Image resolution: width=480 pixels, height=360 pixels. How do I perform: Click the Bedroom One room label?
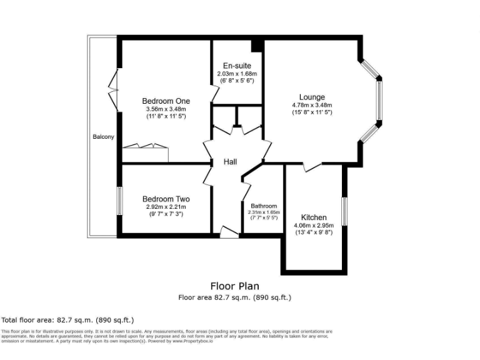(x=166, y=101)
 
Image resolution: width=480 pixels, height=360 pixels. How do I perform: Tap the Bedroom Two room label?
(x=166, y=199)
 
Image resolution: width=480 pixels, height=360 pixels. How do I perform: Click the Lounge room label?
(x=312, y=97)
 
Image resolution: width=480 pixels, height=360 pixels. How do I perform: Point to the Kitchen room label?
(x=314, y=217)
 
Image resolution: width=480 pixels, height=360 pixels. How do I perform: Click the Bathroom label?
(x=264, y=206)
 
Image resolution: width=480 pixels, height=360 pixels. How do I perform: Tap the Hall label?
(x=231, y=162)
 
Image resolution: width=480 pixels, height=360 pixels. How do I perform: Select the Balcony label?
(x=103, y=137)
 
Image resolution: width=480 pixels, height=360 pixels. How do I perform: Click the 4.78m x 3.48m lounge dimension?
(x=312, y=105)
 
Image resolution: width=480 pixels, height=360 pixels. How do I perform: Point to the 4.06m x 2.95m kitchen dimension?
(x=314, y=225)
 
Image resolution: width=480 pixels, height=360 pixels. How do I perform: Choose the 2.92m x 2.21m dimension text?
(x=166, y=207)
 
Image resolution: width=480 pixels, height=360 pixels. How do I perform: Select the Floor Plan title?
(x=235, y=287)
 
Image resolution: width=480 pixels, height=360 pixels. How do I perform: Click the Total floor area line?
(x=67, y=319)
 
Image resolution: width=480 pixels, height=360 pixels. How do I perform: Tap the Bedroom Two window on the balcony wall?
(x=119, y=201)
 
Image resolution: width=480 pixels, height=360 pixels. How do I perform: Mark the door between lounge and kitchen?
(x=312, y=167)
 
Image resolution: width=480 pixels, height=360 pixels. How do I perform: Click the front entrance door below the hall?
(x=229, y=233)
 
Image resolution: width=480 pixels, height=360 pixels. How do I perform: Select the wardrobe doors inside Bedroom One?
(x=146, y=146)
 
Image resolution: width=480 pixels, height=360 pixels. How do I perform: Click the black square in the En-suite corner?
(x=256, y=46)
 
